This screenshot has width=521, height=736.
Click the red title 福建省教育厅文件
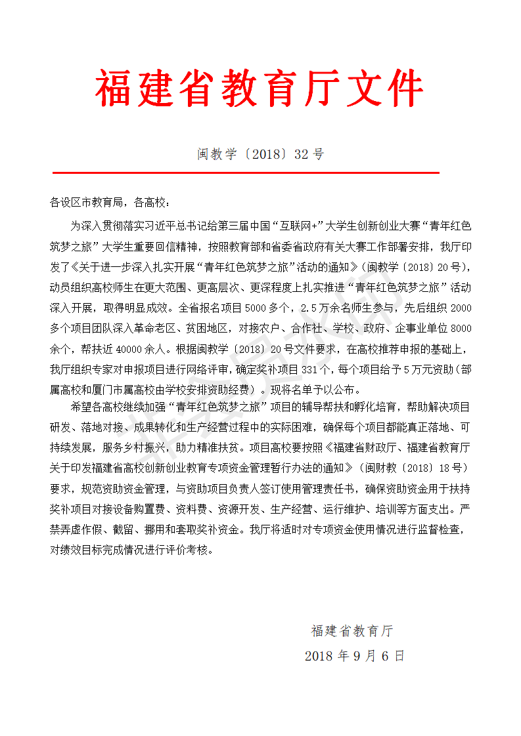pos(260,89)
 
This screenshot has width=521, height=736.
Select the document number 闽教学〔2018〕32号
pos(260,155)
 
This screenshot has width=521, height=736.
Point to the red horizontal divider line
pos(245,173)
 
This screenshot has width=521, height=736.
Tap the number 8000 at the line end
pos(462,327)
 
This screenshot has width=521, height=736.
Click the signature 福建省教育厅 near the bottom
pos(352,631)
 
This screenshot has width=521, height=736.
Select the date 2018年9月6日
pos(355,655)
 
